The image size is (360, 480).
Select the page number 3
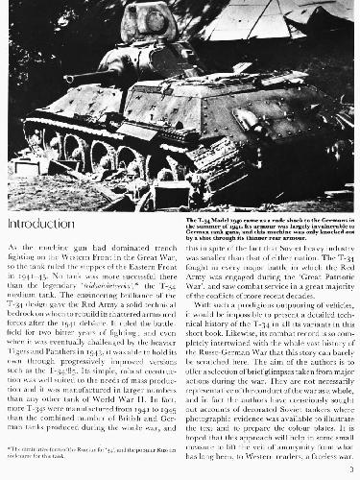[x=350, y=472]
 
